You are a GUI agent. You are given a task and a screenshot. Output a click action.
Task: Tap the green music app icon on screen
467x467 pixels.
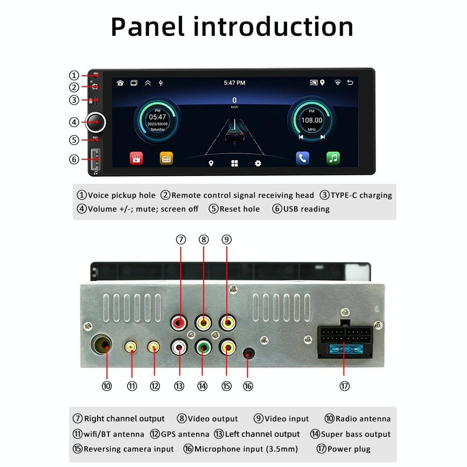[333, 158]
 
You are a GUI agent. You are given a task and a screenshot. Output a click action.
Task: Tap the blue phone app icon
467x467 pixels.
[303, 158]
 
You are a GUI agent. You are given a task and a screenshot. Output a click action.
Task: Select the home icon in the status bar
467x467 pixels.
[120, 83]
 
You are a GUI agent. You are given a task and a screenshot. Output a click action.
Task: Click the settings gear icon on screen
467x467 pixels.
[258, 163]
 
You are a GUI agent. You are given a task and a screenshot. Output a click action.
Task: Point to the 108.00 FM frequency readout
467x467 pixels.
[311, 120]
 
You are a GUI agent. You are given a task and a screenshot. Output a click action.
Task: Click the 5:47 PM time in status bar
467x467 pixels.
[234, 83]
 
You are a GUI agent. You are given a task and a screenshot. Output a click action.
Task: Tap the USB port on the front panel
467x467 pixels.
[95, 160]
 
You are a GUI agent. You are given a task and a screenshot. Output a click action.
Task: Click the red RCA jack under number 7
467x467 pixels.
[180, 322]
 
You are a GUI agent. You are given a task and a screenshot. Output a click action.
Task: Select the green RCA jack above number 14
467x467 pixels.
[203, 347]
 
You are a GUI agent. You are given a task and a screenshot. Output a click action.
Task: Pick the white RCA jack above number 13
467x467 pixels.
[180, 347]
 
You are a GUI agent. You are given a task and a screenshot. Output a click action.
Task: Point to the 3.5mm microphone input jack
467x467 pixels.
[248, 354]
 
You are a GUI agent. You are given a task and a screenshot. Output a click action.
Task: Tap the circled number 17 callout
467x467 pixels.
[344, 386]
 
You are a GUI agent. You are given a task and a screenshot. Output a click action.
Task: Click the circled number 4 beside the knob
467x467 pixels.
[74, 122]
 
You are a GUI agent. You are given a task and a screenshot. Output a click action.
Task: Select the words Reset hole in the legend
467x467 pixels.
[240, 209]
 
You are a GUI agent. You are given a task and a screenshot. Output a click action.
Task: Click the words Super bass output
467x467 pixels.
[355, 434]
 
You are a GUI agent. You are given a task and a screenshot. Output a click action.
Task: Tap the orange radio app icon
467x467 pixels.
[166, 158]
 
